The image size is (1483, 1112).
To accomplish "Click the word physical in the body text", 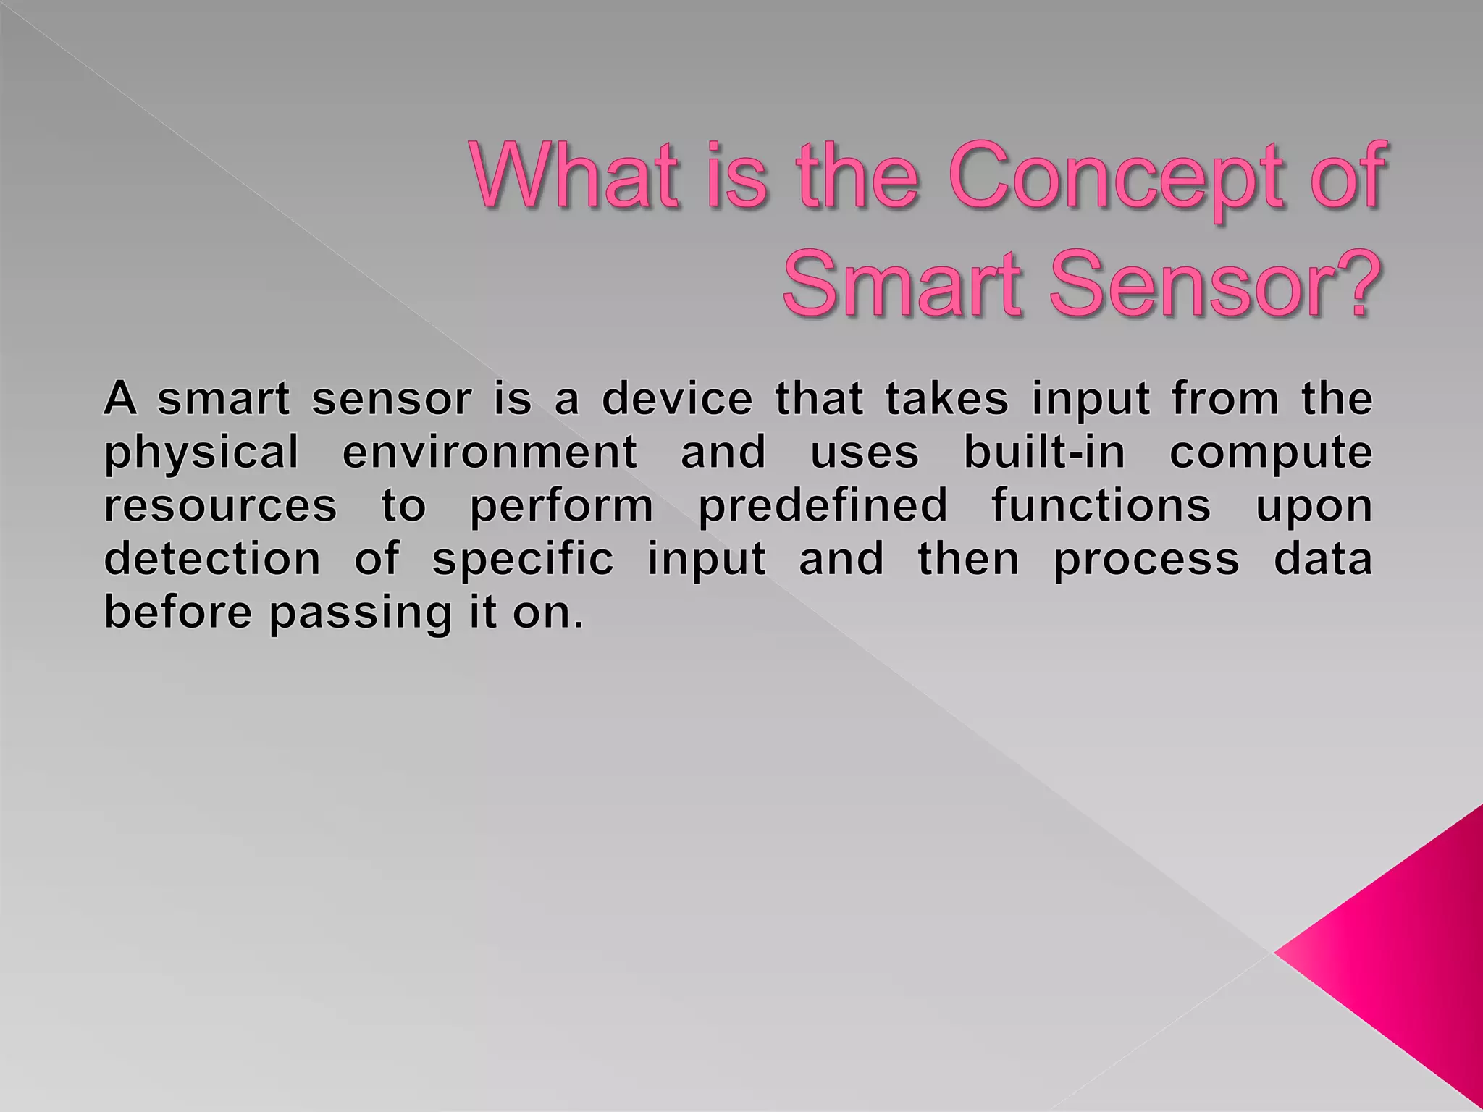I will tap(201, 453).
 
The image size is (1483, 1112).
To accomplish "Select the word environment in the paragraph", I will tap(490, 452).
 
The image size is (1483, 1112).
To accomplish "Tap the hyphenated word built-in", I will tap(1044, 452).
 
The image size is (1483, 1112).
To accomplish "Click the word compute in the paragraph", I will tap(1271, 453).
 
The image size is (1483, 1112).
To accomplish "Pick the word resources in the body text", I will tap(221, 505).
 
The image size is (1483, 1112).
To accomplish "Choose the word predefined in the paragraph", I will tap(823, 505).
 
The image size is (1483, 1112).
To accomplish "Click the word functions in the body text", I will tap(1101, 505).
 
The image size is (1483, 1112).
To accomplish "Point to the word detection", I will tap(212, 558).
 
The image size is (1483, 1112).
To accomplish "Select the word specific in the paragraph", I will tap(523, 560).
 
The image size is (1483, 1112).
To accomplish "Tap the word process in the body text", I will tap(1146, 560).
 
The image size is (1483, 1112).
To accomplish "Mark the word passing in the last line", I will tap(360, 614).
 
